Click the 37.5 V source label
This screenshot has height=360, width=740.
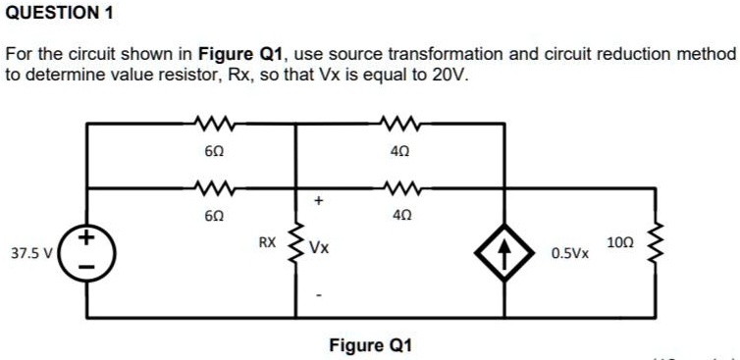click(x=30, y=252)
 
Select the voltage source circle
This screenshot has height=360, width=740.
click(x=87, y=250)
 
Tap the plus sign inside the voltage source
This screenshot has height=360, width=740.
click(x=87, y=236)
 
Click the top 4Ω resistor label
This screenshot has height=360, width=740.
click(x=399, y=152)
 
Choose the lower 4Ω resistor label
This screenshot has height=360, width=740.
click(x=399, y=215)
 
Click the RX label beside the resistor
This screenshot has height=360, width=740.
click(x=267, y=240)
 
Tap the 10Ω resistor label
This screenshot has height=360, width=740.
click(x=620, y=241)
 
